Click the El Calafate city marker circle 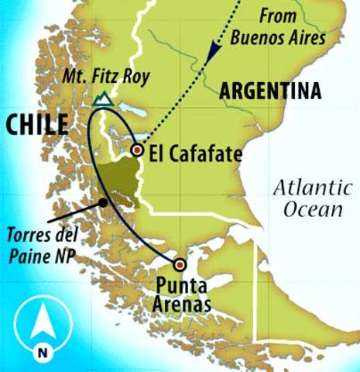137,150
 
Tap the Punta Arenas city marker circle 180,263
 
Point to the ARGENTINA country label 270,91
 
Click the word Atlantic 307,187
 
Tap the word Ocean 312,208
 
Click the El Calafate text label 194,153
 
